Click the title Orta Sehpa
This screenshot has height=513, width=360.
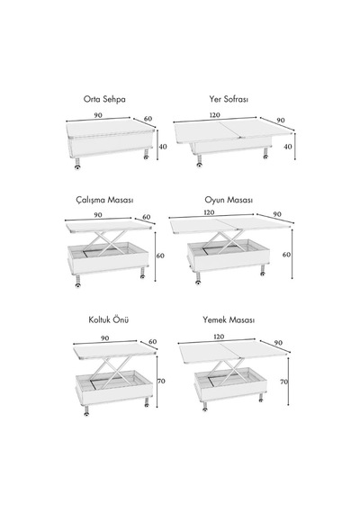click(104, 99)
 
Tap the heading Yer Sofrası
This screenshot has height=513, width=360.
click(229, 99)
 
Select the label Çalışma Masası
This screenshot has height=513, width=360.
click(104, 200)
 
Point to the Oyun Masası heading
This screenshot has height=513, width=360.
click(229, 200)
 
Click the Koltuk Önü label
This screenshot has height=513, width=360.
click(109, 319)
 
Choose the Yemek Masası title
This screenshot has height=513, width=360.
click(229, 319)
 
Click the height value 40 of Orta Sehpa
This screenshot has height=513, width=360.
click(163, 147)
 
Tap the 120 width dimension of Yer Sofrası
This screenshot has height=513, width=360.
click(215, 115)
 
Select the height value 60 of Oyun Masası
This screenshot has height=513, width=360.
click(286, 254)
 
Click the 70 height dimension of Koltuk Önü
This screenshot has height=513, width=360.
click(161, 381)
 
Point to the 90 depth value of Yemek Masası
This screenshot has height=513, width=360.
click(278, 343)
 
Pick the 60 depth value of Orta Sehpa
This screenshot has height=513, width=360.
click(148, 119)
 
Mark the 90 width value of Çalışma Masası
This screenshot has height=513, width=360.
click(98, 215)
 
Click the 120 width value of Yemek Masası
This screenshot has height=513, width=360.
click(219, 337)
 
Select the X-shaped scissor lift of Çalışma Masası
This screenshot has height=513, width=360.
click(109, 243)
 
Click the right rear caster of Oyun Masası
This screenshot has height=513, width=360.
click(263, 270)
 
